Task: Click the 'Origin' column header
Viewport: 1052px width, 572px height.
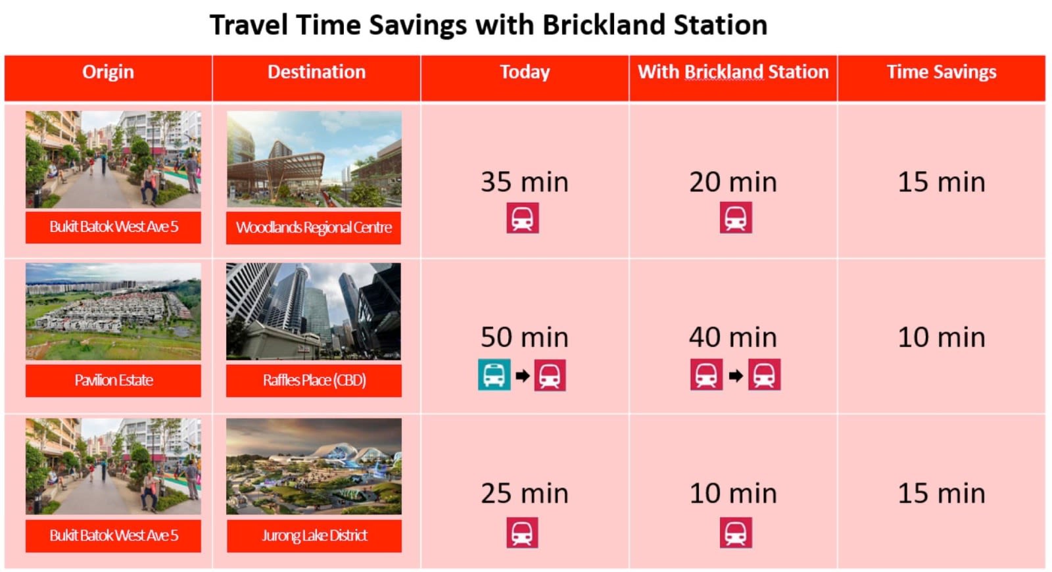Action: click(x=108, y=72)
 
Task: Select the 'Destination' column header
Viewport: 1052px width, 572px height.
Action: click(x=316, y=72)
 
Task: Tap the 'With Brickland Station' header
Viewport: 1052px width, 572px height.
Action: click(x=733, y=72)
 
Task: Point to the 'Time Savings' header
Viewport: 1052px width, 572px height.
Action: click(x=942, y=72)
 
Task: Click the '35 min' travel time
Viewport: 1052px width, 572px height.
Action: click(x=525, y=182)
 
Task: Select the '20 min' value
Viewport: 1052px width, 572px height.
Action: click(x=733, y=182)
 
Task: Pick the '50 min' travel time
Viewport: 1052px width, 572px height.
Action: click(x=525, y=338)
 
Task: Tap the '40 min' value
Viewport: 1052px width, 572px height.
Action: click(x=733, y=338)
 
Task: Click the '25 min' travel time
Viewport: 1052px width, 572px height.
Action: click(x=525, y=494)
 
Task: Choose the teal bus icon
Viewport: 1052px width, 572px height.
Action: click(x=494, y=375)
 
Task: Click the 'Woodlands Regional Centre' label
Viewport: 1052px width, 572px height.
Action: click(x=314, y=227)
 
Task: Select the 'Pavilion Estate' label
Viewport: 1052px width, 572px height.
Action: click(x=114, y=381)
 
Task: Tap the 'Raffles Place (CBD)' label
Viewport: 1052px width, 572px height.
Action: click(x=314, y=381)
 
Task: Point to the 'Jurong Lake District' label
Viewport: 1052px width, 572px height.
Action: click(x=314, y=535)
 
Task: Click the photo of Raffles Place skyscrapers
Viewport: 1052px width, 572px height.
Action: click(x=314, y=312)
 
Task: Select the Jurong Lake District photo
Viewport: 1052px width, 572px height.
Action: click(x=314, y=466)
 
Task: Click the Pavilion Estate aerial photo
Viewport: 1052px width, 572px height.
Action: click(x=113, y=312)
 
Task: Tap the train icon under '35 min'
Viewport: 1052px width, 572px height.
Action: click(x=523, y=218)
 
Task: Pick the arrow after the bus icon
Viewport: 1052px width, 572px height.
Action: click(x=522, y=375)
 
